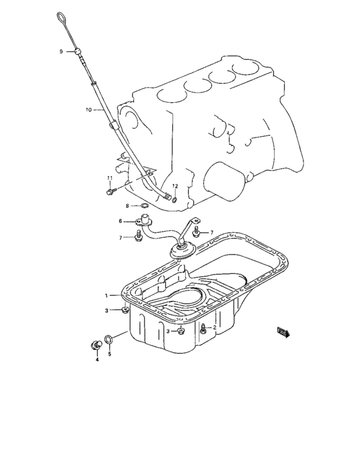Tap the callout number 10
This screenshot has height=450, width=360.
pos(88,110)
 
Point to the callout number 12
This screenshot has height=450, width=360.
pos(174,186)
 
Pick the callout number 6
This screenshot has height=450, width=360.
pos(120,221)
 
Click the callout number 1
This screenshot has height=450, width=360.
pos(107,296)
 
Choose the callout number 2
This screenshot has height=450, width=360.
pos(214,327)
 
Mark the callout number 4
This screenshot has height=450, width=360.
pos(97,360)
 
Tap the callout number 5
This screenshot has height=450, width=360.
pos(109,354)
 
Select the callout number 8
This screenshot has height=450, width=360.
pos(127,206)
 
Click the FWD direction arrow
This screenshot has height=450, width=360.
pos(283,331)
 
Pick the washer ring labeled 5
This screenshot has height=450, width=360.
pos(110,338)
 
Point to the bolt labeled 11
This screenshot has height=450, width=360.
pos(111,190)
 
